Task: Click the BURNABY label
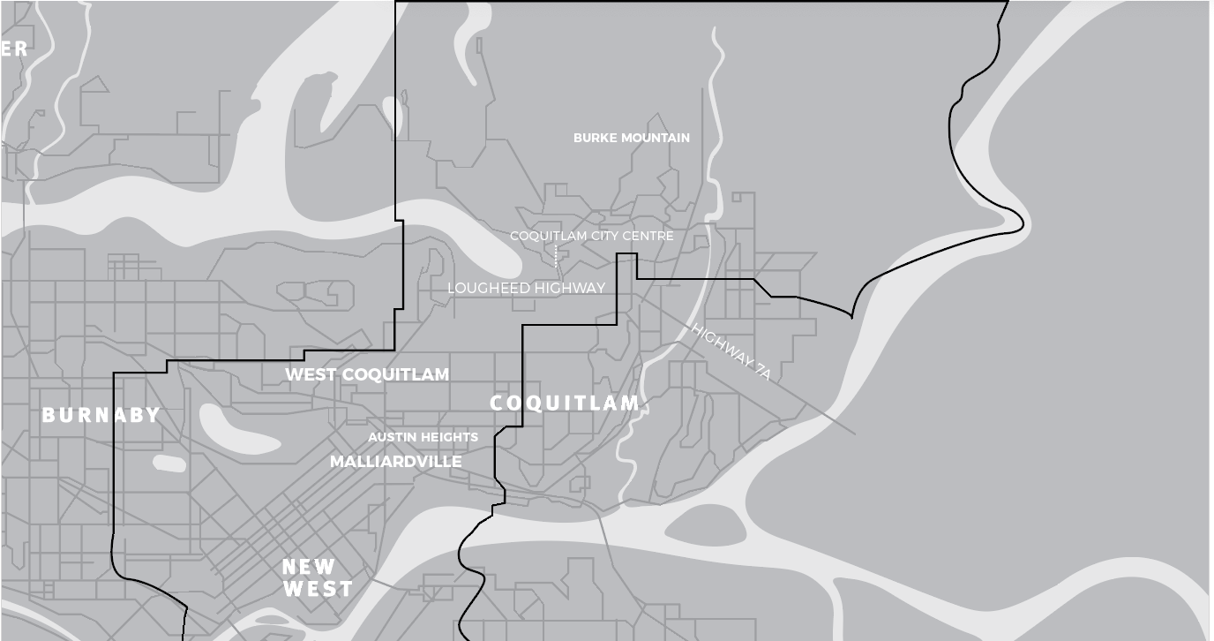coord(101,415)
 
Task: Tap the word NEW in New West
coord(309,567)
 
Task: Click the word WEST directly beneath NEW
coord(318,589)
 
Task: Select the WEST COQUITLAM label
coord(367,374)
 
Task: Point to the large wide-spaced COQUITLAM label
coord(565,403)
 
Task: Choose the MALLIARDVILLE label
coord(396,462)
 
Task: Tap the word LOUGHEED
coord(488,288)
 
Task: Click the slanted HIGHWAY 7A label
coord(731,352)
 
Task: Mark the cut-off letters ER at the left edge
coord(14,49)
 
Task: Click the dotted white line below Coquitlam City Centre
coord(555,256)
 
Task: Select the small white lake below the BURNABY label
coord(169,463)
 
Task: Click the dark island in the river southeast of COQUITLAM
coord(706,526)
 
